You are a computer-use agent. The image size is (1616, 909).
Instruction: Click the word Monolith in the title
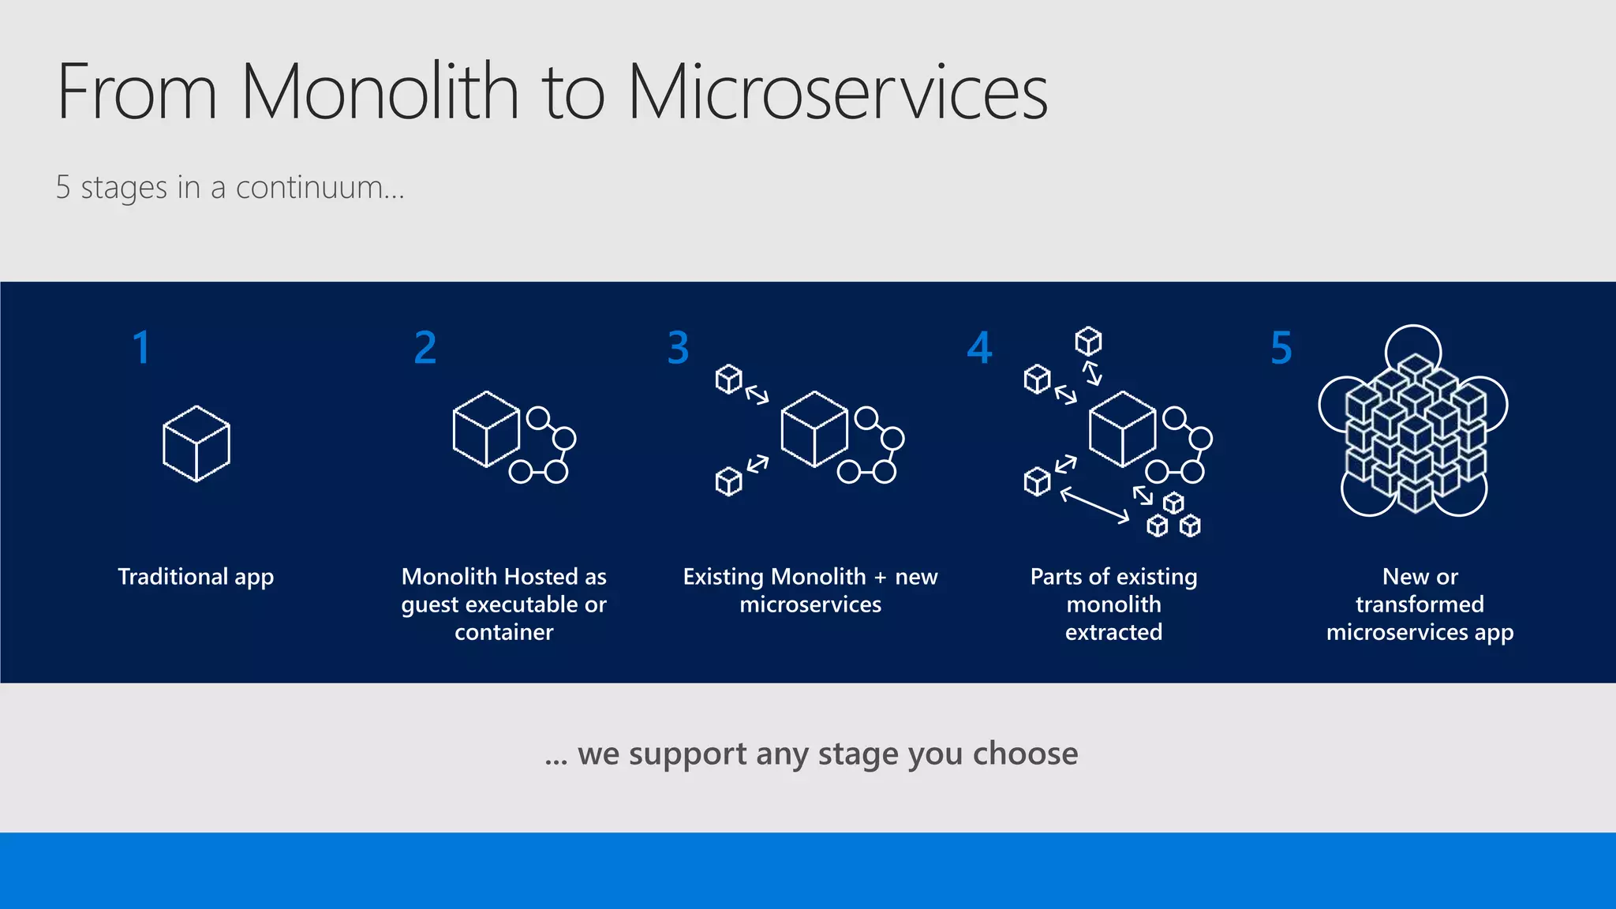pos(379,92)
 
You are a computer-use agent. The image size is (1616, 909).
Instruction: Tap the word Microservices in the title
pos(837,92)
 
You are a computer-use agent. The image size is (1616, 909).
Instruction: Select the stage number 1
pos(141,348)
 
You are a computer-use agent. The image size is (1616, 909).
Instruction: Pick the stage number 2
pos(425,348)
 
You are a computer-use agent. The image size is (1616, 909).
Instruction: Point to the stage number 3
pos(678,348)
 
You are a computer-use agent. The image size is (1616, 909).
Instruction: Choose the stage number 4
pos(979,348)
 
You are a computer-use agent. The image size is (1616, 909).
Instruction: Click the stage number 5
pos(1281,348)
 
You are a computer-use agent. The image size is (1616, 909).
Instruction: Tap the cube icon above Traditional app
pos(196,443)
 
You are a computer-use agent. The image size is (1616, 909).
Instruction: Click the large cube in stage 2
pos(486,429)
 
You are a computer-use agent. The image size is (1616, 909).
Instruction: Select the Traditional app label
pos(196,577)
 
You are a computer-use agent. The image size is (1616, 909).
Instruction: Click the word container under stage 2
pos(503,632)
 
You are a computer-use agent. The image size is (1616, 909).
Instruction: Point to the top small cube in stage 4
pos(1088,342)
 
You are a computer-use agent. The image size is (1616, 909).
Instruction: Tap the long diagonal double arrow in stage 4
pos(1094,506)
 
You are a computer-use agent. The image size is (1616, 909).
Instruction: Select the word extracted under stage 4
pos(1113,632)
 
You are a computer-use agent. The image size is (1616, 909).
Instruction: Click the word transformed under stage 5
pos(1420,604)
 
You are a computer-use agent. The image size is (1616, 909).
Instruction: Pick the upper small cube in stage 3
pos(728,379)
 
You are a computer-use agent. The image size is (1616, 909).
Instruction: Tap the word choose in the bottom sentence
pos(1025,754)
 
